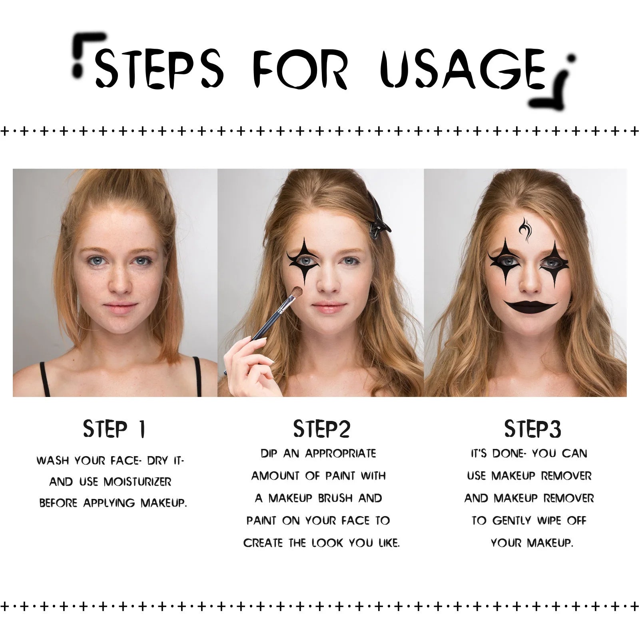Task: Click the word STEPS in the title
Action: pyautogui.click(x=159, y=69)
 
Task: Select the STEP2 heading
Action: pyautogui.click(x=321, y=429)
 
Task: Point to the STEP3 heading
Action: pyautogui.click(x=532, y=429)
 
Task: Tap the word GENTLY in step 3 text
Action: pyautogui.click(x=512, y=521)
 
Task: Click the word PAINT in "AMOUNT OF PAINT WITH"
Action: pyautogui.click(x=339, y=476)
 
